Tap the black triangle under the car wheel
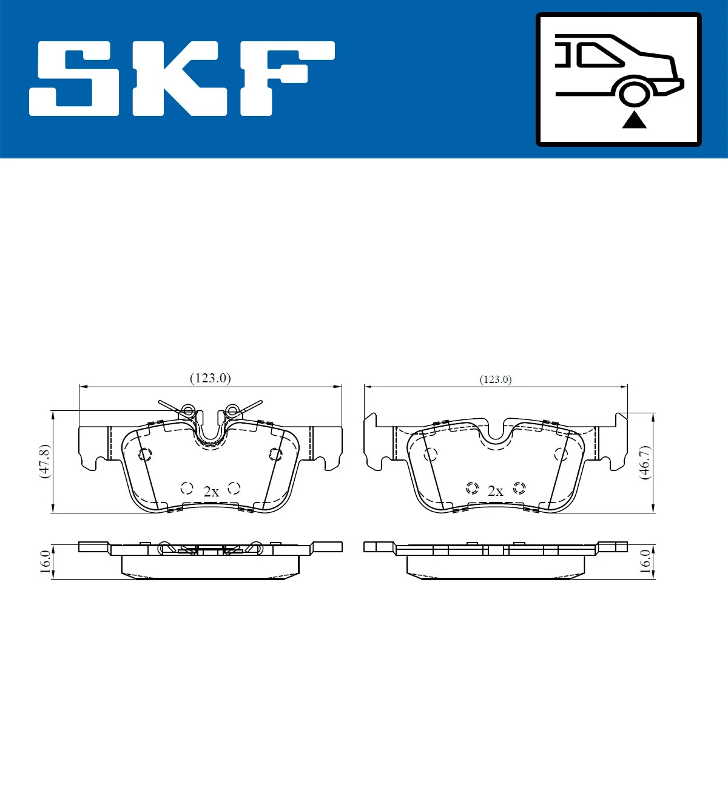point(634,120)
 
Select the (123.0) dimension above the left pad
point(211,378)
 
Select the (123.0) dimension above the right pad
point(496,379)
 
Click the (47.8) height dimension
point(44,461)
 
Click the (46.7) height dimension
point(645,462)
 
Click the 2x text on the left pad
point(211,492)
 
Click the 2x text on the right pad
point(495,491)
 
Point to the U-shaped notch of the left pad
point(211,432)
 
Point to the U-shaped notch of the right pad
point(496,432)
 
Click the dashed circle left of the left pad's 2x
point(187,488)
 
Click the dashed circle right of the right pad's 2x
point(519,488)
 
